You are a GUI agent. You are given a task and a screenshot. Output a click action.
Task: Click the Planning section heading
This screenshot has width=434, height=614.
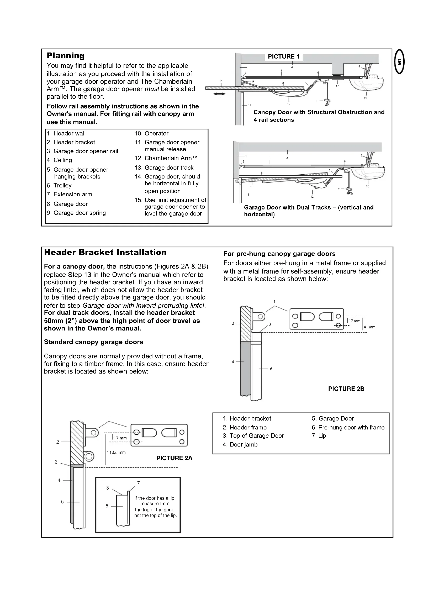coord(66,56)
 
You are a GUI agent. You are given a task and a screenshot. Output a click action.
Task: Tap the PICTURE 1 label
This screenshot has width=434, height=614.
coord(284,56)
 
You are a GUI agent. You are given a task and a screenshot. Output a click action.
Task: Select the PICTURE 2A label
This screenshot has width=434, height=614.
coord(174,458)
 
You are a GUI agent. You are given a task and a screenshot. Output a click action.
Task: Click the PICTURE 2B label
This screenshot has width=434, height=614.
coord(346,389)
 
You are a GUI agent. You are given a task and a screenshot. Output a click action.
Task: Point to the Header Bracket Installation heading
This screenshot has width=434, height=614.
coord(105,252)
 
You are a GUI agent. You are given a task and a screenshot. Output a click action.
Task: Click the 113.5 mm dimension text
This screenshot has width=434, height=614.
coord(116,453)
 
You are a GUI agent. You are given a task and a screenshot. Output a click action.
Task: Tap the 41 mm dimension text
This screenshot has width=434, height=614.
coord(370,327)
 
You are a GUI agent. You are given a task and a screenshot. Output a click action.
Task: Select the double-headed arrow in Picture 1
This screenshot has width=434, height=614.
coord(219,94)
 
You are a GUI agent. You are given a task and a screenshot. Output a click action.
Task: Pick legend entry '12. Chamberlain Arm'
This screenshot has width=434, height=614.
coord(166,158)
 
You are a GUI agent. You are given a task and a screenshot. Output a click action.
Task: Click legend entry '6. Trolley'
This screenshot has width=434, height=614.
coord(59,185)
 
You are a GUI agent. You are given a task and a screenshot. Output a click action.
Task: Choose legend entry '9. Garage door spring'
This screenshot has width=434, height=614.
coord(76,213)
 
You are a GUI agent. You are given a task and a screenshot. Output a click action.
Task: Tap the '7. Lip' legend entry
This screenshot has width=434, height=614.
coord(319,436)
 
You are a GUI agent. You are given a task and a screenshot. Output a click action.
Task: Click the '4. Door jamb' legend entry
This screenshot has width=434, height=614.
coord(240,444)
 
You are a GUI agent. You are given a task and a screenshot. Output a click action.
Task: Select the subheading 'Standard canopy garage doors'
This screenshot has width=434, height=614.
coord(93,342)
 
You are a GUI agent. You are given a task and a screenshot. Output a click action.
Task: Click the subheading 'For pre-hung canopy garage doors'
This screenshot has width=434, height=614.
coord(279,254)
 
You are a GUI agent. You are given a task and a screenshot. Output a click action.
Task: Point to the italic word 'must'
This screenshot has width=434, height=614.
coord(152,89)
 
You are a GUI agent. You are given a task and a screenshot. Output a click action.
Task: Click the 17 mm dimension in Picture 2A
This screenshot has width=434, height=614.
coord(120,438)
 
